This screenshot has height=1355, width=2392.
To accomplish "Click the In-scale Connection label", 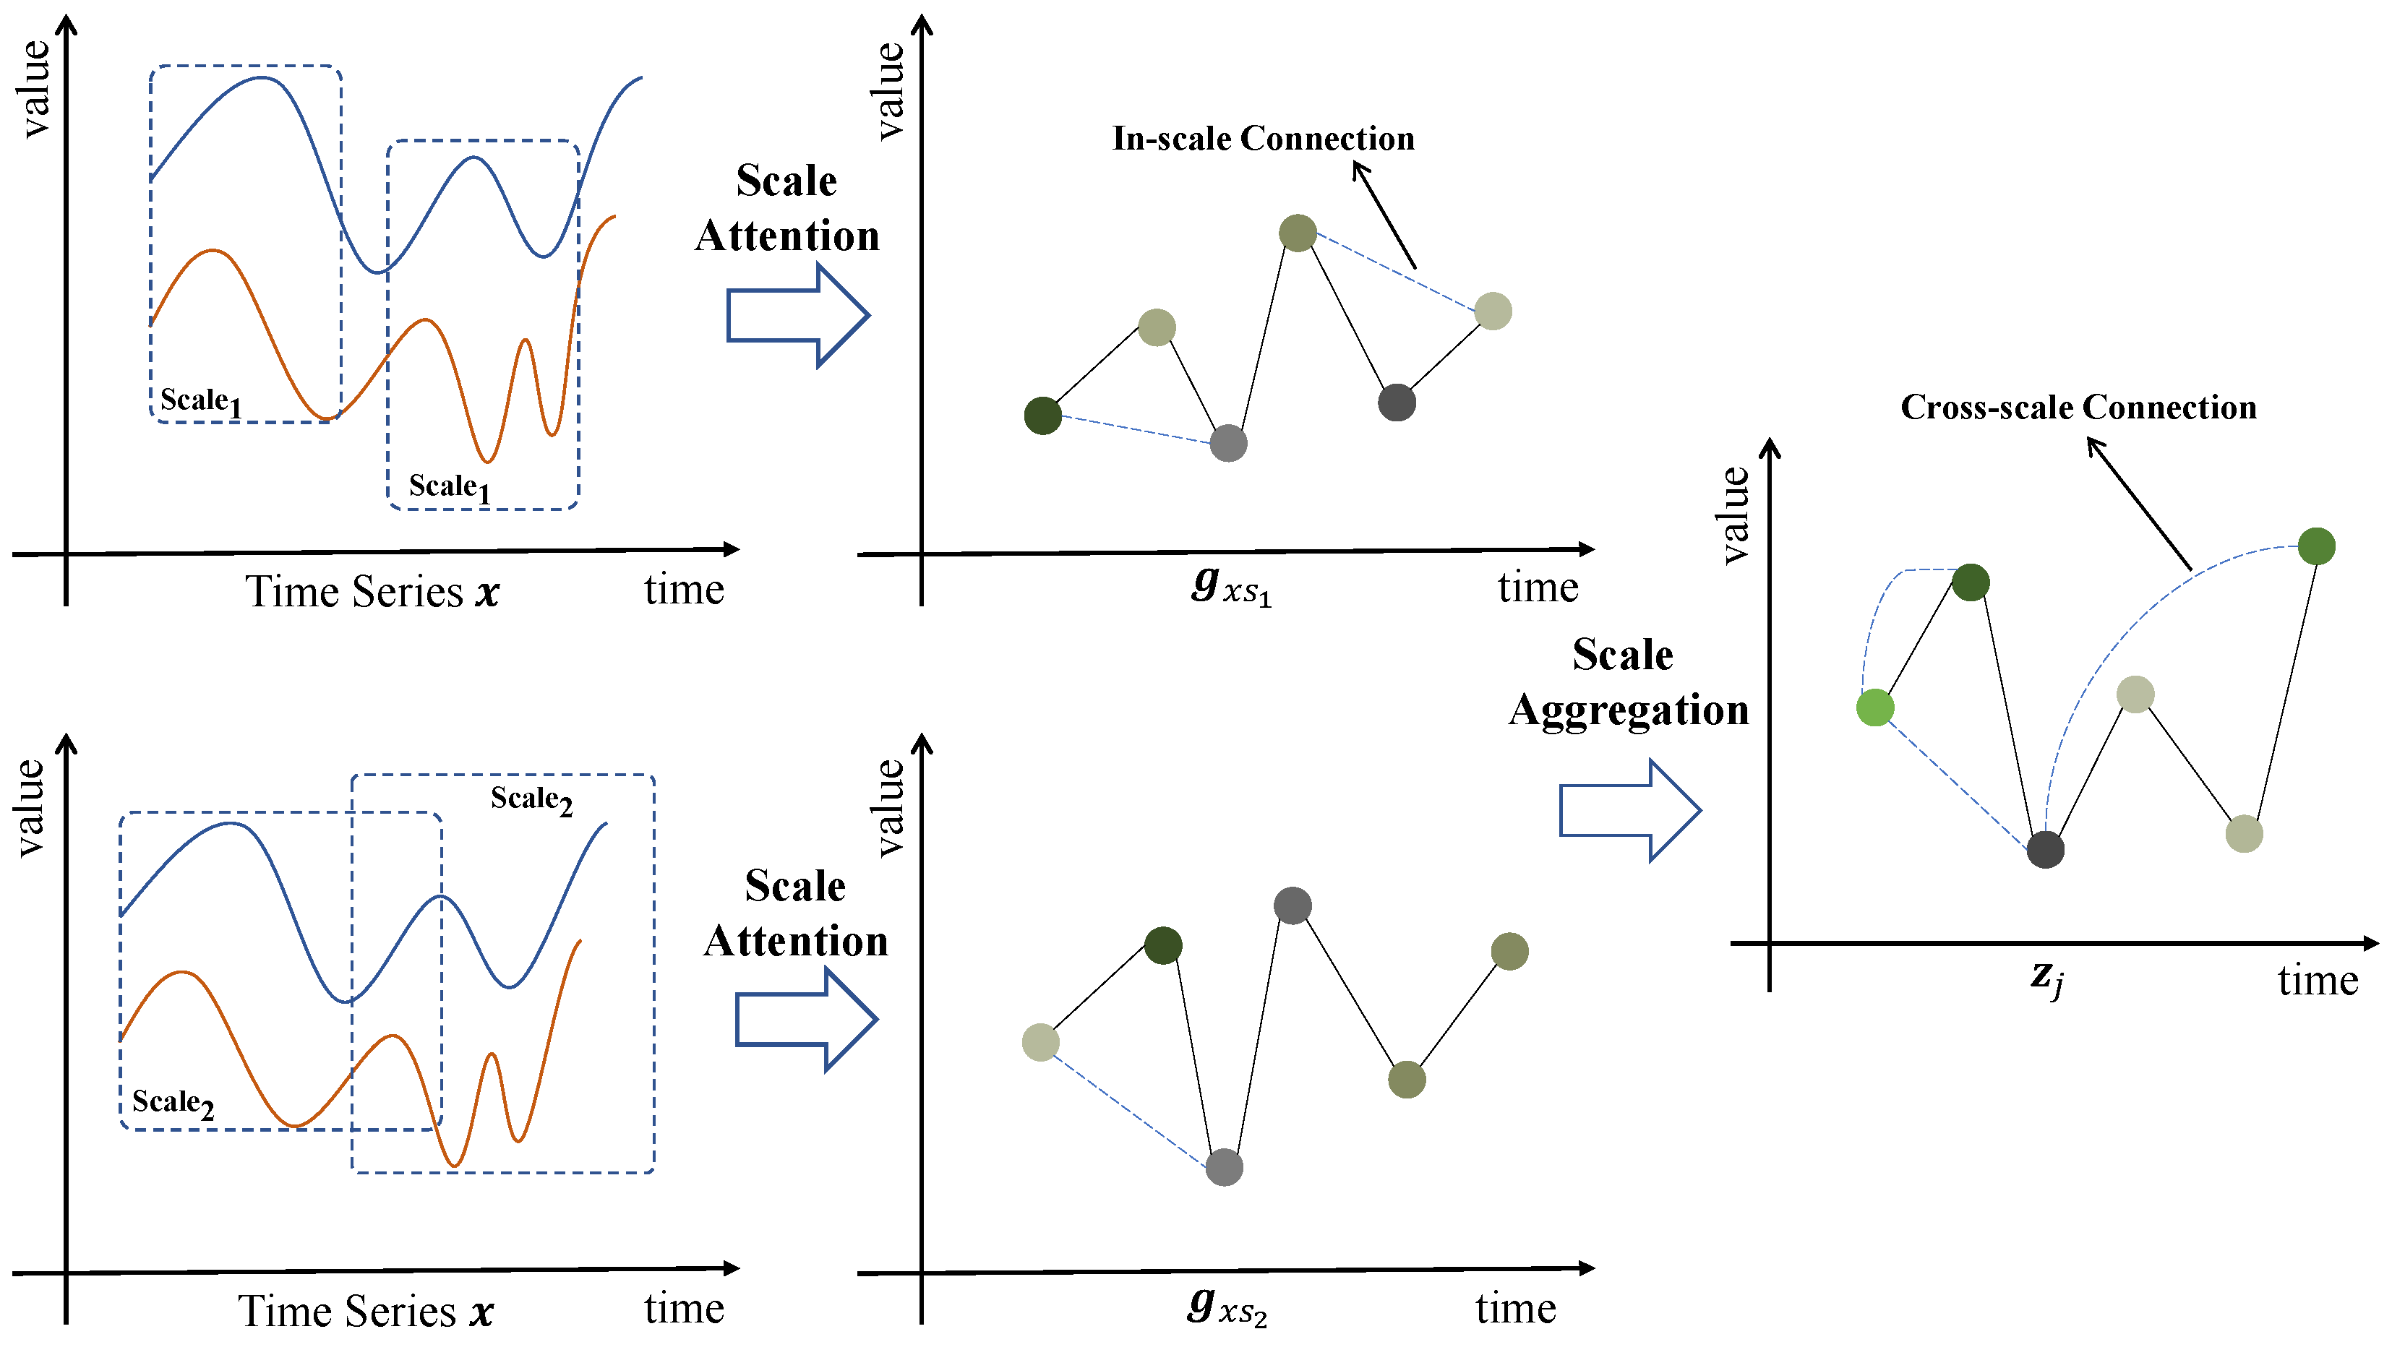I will point(1262,139).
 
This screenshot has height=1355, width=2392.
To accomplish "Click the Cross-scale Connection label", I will point(2078,408).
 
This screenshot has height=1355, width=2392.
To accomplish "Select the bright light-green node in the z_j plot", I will point(1874,707).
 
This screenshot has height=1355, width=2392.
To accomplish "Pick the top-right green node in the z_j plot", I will point(2315,546).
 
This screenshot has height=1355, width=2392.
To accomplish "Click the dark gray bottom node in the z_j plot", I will point(2045,848).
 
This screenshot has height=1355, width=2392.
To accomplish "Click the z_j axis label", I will point(2046,977).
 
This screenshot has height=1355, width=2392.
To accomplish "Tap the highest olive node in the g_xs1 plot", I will point(1298,233).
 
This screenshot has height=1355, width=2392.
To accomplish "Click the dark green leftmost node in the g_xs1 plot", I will point(1042,415).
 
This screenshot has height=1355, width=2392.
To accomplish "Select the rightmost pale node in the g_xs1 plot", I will point(1493,311).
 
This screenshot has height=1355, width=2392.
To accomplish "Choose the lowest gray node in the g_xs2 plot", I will point(1224,1166).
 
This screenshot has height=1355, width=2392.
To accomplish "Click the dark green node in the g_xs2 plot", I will point(1162,945).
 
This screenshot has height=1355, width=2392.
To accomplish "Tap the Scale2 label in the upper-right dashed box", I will point(531,800).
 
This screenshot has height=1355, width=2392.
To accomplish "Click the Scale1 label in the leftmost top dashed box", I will point(200,401).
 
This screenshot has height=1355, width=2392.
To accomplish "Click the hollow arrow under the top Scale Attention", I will point(797,316).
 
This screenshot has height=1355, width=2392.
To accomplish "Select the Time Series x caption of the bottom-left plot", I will point(366,1310).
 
